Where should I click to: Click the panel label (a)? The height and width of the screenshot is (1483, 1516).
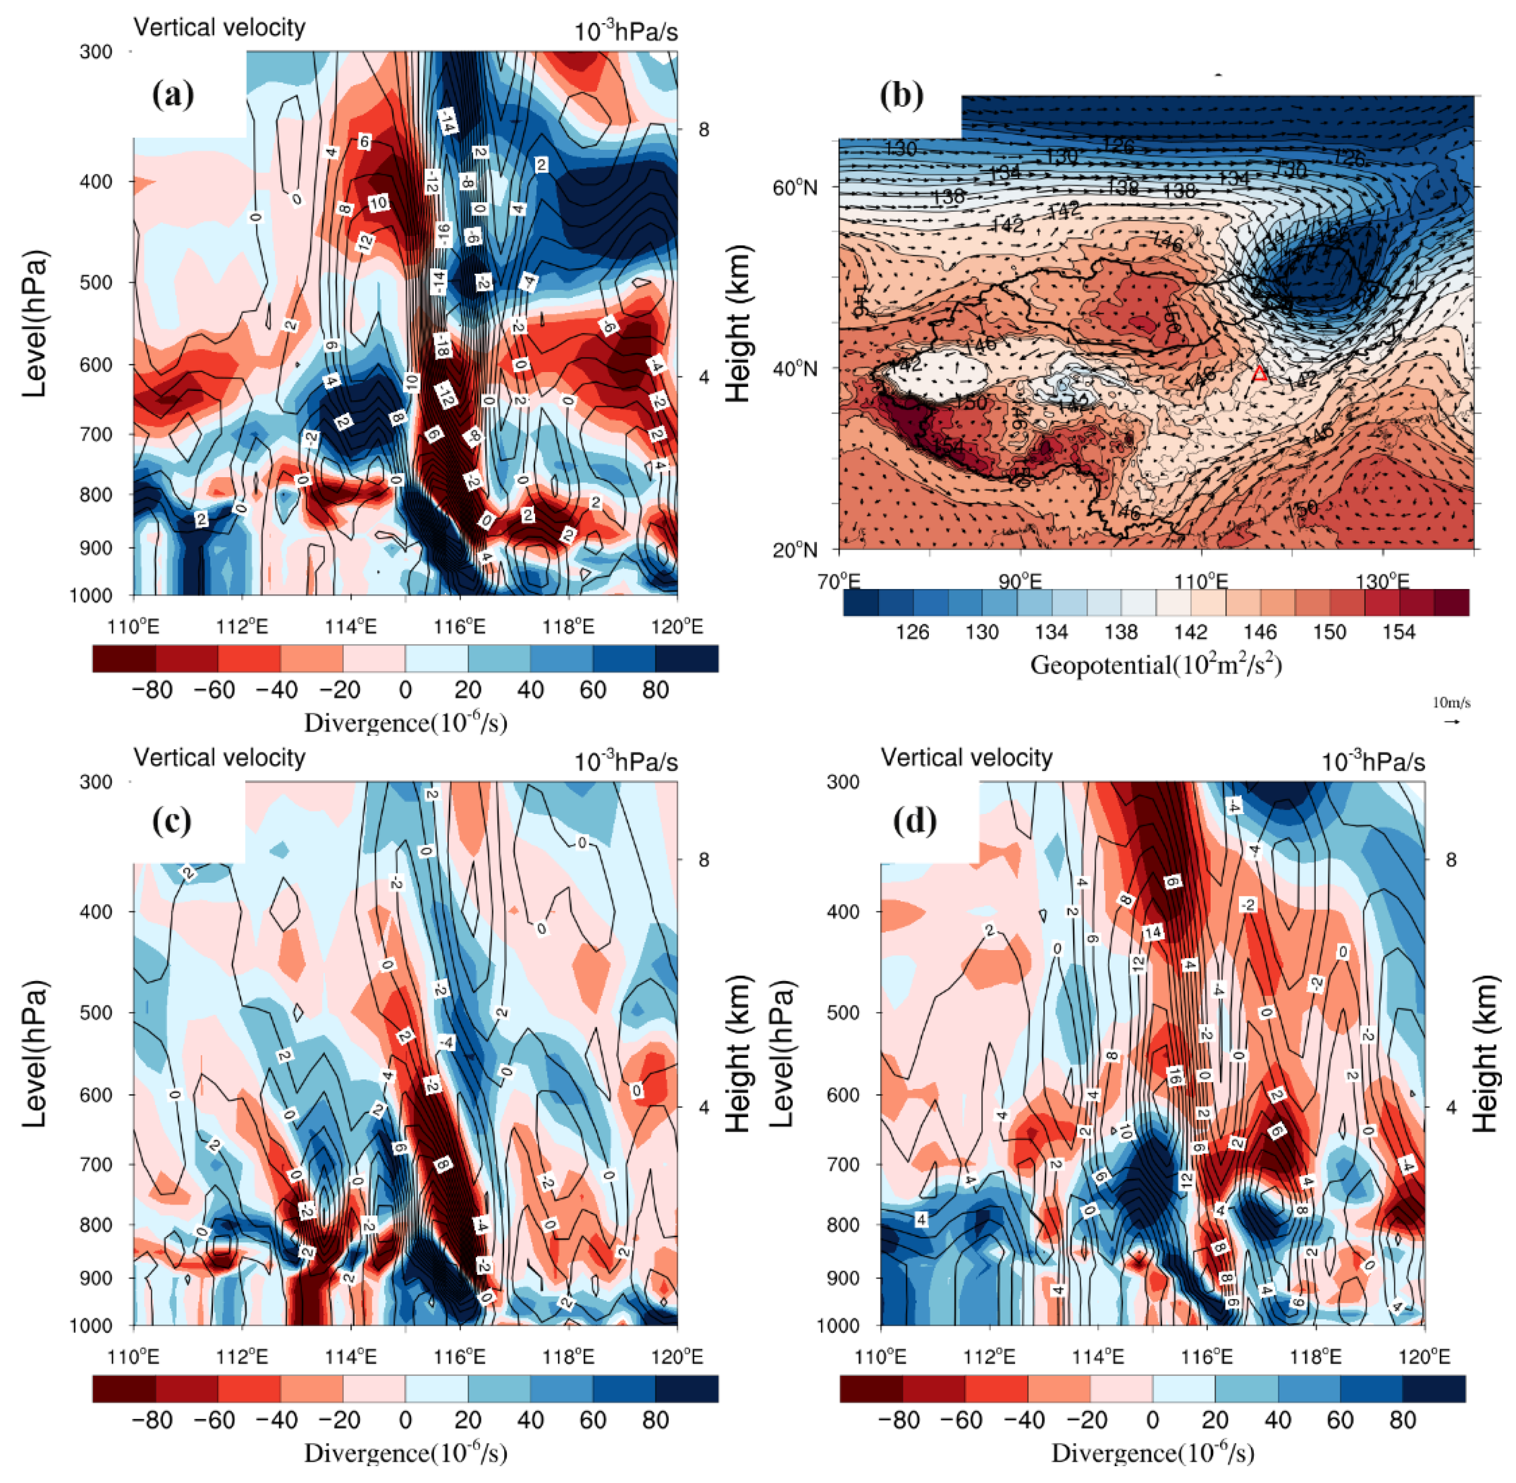[173, 95]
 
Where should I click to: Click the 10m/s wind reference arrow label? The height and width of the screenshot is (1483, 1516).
[1451, 703]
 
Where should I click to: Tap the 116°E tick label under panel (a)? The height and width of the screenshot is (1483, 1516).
[459, 627]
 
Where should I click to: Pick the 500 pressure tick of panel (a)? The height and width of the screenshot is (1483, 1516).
[97, 282]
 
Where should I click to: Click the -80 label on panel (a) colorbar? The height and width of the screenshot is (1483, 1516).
[152, 689]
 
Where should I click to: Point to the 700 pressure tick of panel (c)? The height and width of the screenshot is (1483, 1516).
[97, 1165]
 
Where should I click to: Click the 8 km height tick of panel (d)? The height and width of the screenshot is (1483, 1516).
[1451, 860]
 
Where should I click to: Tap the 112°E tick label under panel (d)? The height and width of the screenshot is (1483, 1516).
[989, 1357]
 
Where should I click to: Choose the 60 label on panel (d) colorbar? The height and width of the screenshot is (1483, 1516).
[1340, 1420]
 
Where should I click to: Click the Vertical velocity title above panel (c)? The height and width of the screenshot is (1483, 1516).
[220, 757]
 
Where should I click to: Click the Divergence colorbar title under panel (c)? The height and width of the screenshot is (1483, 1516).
[405, 1454]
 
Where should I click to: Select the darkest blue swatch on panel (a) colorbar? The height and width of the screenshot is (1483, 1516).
[687, 658]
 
